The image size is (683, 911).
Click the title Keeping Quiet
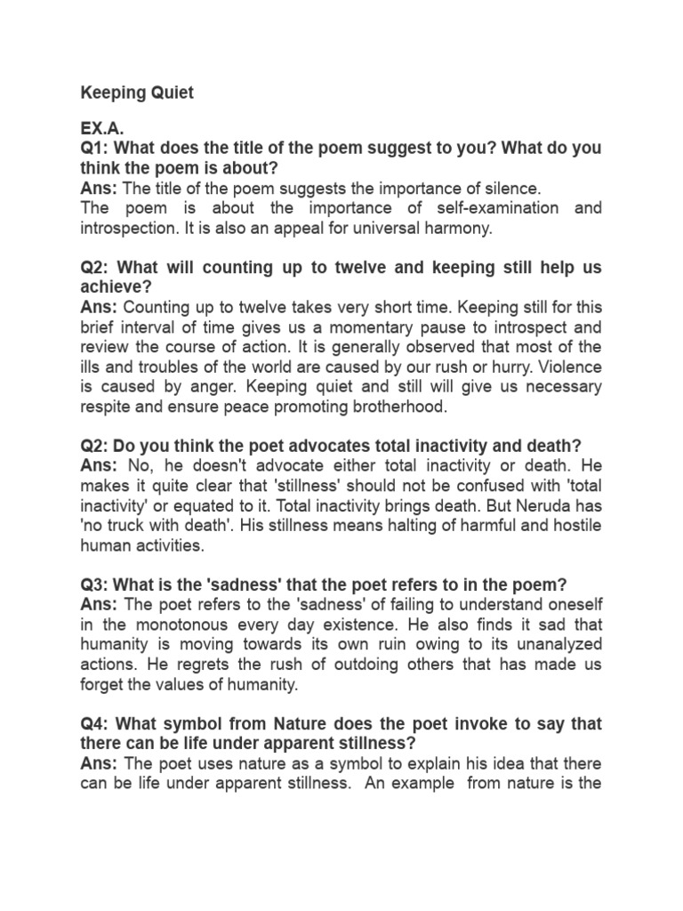tap(137, 93)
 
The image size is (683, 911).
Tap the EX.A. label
tap(103, 130)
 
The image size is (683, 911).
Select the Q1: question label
tap(96, 149)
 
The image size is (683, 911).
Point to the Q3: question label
tap(96, 584)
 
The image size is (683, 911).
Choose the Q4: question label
tap(96, 723)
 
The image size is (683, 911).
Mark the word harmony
tap(459, 227)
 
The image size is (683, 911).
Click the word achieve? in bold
tap(116, 286)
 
